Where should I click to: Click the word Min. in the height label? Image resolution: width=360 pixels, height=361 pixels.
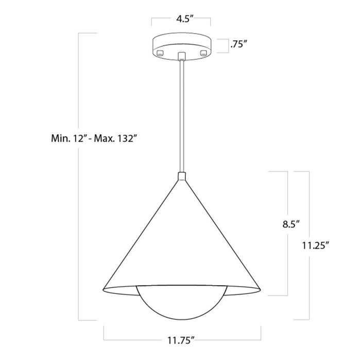tap(61, 138)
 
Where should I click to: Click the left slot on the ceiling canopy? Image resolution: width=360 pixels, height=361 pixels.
tap(160, 53)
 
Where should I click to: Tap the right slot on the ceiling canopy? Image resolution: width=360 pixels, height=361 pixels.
tap(203, 53)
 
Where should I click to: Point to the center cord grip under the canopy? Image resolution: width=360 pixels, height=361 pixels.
tap(181, 56)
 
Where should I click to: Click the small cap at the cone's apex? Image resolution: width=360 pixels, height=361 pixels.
tap(181, 177)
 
